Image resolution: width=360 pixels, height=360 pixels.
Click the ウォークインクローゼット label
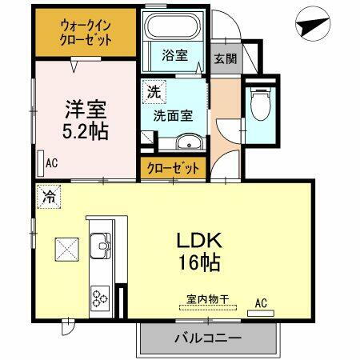pos(85,33)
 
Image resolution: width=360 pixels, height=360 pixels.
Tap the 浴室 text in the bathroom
pos(174,57)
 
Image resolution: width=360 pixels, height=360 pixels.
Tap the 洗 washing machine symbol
pos(151,91)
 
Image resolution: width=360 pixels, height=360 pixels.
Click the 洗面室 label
pos(174,114)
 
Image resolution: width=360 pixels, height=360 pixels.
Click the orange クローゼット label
pos(173,167)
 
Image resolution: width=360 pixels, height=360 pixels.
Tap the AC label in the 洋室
pos(51,163)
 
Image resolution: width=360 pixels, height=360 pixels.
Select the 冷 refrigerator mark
pos(50,194)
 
